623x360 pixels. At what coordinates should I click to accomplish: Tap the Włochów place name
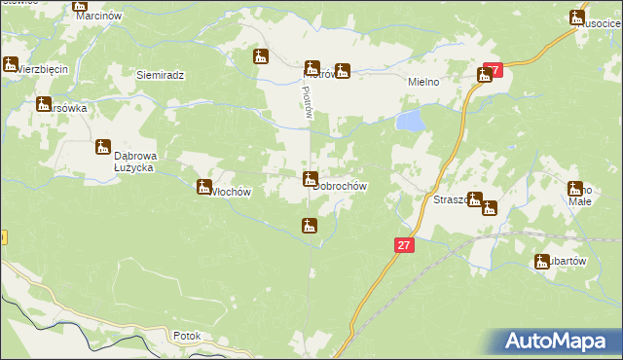pos(232,192)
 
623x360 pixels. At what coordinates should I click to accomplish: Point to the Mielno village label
pos(424,83)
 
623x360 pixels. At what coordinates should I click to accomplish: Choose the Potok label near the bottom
pos(186,336)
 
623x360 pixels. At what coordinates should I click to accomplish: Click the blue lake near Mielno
pos(410,121)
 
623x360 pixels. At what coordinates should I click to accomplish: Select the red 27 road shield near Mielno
pos(493,70)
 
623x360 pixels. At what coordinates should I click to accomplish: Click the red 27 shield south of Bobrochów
pos(405,246)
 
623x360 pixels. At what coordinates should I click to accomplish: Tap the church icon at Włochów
pos(204,186)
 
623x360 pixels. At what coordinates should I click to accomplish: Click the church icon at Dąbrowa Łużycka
pos(103,147)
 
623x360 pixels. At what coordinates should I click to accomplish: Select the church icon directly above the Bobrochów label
pos(310,178)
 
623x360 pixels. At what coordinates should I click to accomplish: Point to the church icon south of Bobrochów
pos(309,226)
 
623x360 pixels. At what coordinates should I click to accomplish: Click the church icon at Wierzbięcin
pos(11,64)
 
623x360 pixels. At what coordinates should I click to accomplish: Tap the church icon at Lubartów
pos(542,261)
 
